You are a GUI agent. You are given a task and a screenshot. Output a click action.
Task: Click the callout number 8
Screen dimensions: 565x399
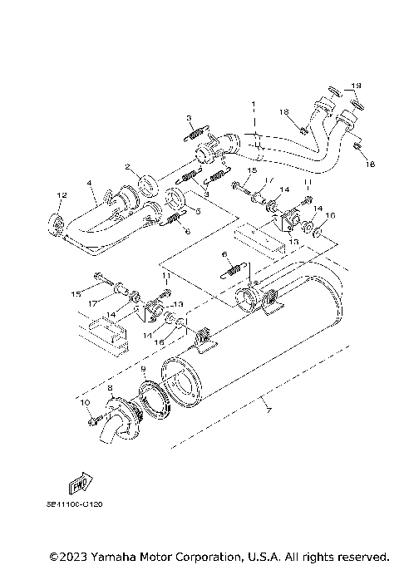pos(110,388)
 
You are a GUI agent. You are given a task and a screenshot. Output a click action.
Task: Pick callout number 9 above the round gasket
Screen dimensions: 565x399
pos(143,369)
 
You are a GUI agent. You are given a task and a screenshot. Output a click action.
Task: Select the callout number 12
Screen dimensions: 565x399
pos(59,195)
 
